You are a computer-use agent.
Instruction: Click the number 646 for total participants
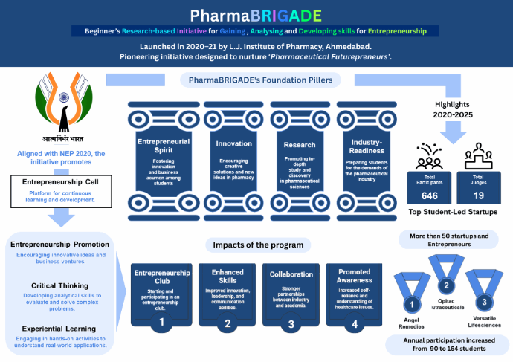[429, 195]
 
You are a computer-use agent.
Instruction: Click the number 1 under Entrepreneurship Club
[163, 323]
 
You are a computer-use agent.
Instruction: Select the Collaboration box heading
[291, 274]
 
